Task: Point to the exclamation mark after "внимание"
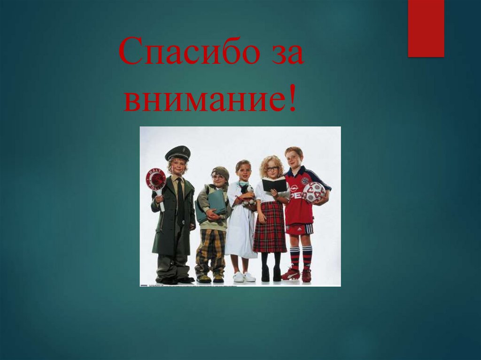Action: tap(292, 99)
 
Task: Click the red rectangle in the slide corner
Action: tap(426, 28)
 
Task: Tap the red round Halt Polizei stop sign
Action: tap(155, 178)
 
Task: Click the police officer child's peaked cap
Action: tap(178, 153)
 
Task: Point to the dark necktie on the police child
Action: tap(180, 197)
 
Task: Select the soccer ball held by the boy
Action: tap(314, 192)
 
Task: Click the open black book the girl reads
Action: tap(274, 184)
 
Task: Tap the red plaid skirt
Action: tap(270, 228)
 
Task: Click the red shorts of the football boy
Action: tap(299, 229)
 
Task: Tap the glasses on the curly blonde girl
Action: tap(272, 169)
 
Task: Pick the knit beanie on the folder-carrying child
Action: tap(220, 172)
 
